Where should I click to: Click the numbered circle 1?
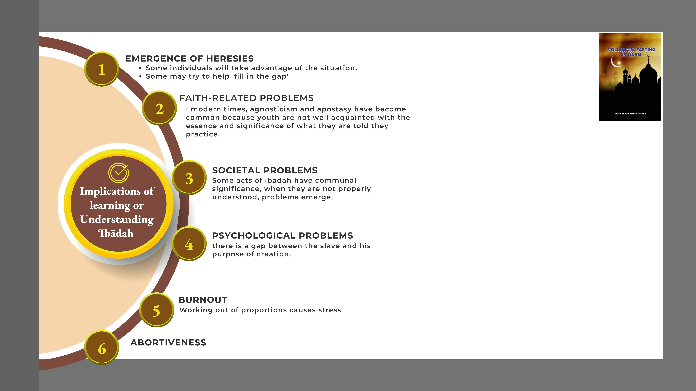tap(102, 69)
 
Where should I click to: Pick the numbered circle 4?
tap(189, 244)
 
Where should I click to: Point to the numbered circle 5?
tap(156, 310)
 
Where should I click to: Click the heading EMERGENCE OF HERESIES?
tap(189, 59)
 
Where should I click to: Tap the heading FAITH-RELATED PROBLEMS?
tap(246, 98)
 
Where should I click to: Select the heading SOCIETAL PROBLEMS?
tap(265, 170)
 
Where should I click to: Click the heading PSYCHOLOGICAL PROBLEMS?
tap(282, 236)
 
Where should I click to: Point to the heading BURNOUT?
tap(203, 300)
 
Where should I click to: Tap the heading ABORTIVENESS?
tap(168, 342)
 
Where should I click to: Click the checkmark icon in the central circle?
tap(119, 173)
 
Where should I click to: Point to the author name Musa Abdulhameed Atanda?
tap(630, 114)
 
